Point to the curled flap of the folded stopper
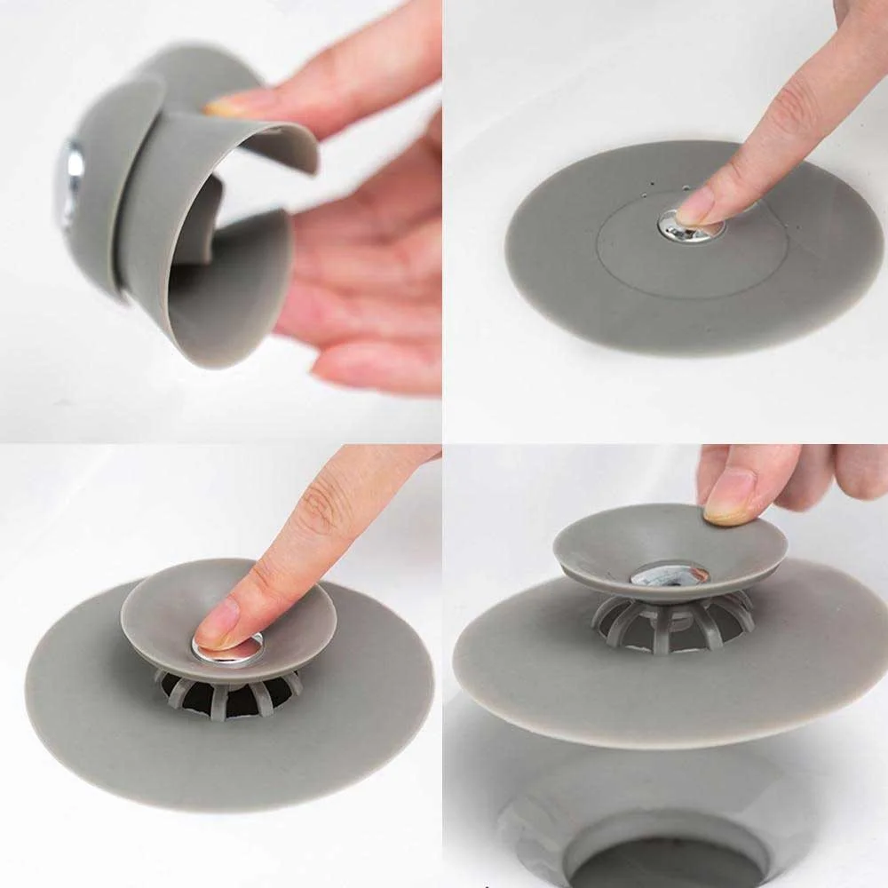pos(266,142)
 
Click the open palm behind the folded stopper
pos(355,266)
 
